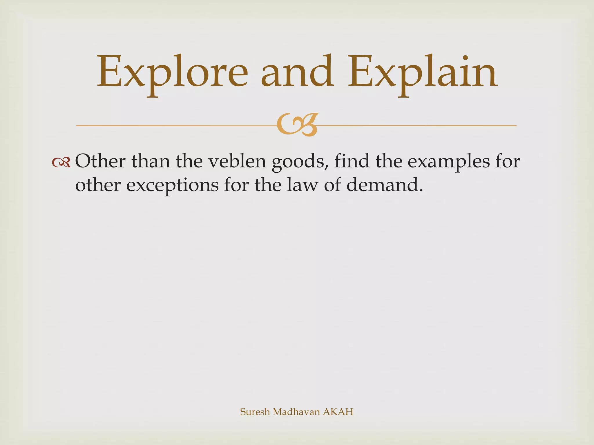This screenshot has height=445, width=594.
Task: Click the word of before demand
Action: (x=333, y=185)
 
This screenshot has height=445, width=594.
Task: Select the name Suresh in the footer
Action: (x=255, y=412)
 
